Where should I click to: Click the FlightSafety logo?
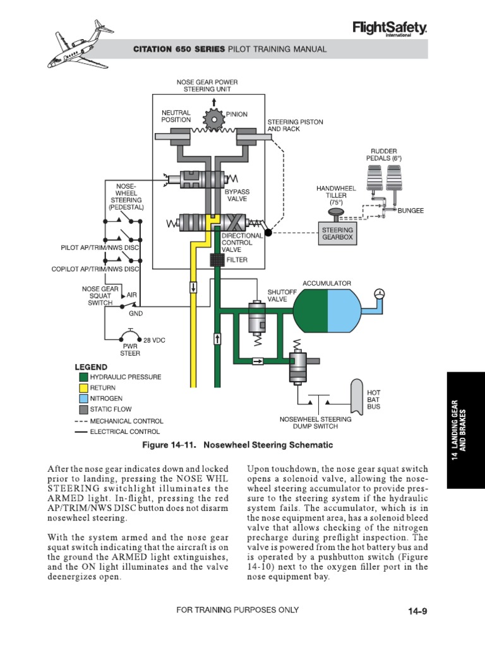(390, 28)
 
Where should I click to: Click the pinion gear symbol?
(215, 119)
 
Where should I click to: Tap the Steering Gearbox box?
(337, 235)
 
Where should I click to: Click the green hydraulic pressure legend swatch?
(83, 377)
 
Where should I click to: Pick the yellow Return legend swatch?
(83, 387)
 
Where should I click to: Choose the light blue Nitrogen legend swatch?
(83, 399)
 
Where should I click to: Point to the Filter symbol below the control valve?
(217, 259)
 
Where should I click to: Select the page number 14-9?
(418, 611)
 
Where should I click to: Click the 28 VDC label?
(154, 340)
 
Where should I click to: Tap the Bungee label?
(410, 210)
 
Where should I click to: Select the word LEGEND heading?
(91, 367)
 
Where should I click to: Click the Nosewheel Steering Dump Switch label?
(315, 423)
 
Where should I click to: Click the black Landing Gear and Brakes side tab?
(465, 429)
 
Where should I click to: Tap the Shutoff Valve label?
(277, 295)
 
